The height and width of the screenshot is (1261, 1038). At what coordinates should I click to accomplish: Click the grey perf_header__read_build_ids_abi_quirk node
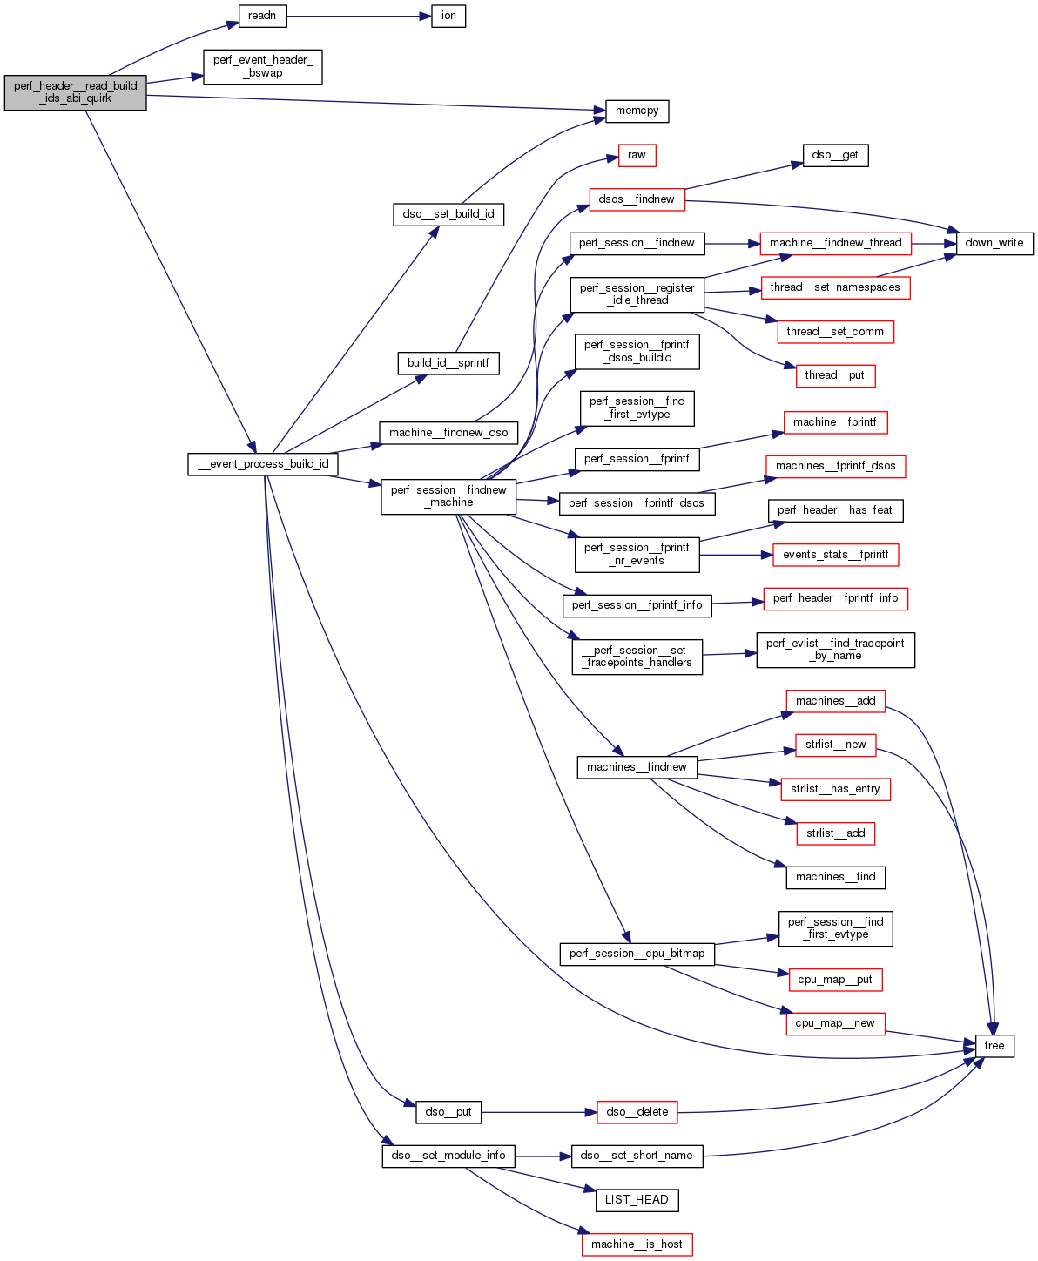click(x=75, y=92)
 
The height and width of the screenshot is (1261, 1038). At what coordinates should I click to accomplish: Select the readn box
click(x=262, y=16)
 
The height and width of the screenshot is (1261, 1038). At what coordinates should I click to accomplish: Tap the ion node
click(x=448, y=16)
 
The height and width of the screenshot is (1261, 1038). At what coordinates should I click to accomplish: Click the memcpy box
click(x=637, y=111)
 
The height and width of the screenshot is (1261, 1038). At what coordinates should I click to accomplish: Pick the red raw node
click(x=637, y=155)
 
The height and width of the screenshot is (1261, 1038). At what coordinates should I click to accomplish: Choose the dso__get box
click(x=835, y=155)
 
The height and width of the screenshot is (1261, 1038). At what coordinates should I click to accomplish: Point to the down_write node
click(x=994, y=243)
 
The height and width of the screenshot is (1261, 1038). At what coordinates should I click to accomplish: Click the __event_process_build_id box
click(x=263, y=464)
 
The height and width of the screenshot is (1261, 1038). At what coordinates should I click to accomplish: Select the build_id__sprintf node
click(x=448, y=363)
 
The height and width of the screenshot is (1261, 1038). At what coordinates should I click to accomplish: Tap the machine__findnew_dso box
click(x=448, y=433)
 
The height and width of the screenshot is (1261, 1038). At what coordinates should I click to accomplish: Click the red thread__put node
click(x=835, y=375)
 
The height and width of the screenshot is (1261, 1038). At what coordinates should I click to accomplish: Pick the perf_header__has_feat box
click(x=835, y=510)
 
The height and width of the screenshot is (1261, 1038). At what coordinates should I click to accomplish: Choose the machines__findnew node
click(x=637, y=767)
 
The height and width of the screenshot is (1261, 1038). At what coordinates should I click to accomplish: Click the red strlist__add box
click(x=835, y=833)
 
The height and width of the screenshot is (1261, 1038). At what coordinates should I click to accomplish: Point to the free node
click(x=994, y=1046)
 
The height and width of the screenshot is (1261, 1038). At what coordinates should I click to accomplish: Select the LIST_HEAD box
click(x=637, y=1200)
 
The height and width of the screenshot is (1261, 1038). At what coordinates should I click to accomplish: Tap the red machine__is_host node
click(x=637, y=1244)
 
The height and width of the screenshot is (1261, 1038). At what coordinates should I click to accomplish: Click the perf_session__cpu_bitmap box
click(x=637, y=954)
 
